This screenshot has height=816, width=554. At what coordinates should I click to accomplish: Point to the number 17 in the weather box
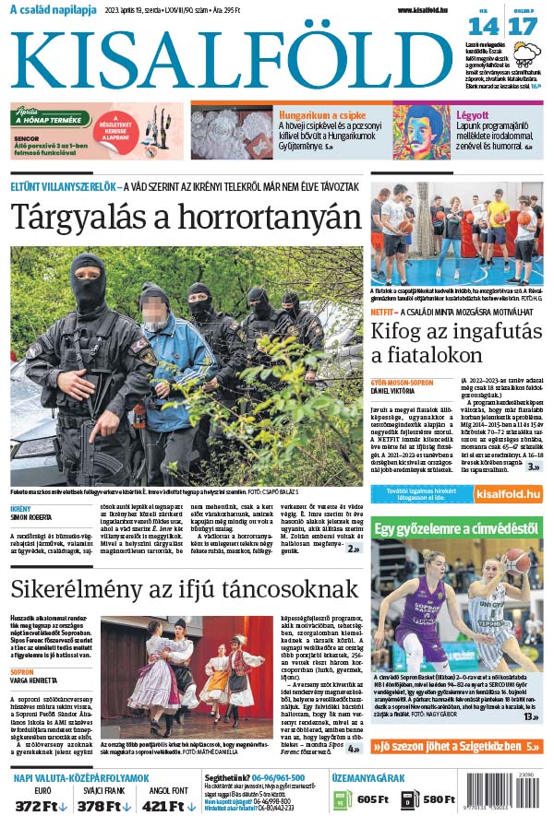click(x=522, y=26)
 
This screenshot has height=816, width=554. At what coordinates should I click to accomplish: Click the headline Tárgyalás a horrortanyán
click(x=185, y=218)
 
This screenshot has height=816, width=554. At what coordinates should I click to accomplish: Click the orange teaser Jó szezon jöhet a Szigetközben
click(x=456, y=746)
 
